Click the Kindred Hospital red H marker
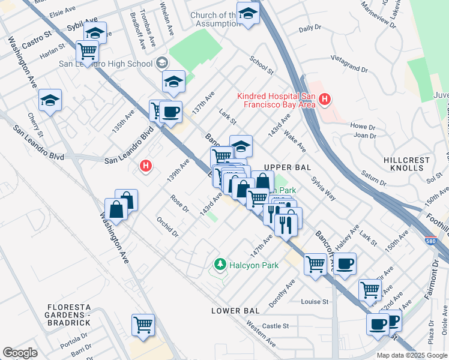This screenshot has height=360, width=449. coord(325,100)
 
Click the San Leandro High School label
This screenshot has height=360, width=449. coord(105,63)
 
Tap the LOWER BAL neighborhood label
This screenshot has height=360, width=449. coord(235,310)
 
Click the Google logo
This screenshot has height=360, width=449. coord(20,353)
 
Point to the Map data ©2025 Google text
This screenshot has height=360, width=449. coord(411,355)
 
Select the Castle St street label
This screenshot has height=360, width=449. coord(276,326)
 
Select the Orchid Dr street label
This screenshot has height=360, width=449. coord(167,227)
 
